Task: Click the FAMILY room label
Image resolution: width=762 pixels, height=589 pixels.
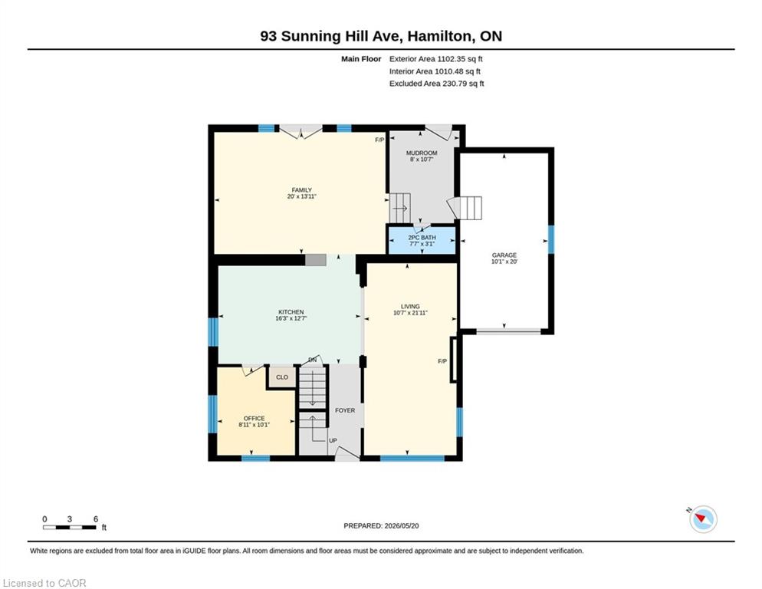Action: point(302,190)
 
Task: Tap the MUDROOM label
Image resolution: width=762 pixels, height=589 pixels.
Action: point(422,153)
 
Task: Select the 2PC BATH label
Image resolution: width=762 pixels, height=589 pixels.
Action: point(422,237)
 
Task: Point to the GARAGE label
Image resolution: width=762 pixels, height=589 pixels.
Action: point(504,255)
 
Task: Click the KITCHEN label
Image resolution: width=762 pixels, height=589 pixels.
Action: point(291,312)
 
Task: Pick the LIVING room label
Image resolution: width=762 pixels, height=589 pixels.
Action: point(410,307)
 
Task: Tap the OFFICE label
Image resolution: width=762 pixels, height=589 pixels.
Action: point(255,418)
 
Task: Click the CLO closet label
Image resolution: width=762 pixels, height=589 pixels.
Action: point(282,377)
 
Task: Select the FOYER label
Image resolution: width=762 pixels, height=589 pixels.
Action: point(345,410)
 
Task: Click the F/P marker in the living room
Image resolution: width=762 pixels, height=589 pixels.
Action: point(442,361)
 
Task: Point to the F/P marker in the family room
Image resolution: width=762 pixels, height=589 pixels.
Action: point(379,140)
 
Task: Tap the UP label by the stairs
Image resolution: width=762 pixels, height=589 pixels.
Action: point(333,441)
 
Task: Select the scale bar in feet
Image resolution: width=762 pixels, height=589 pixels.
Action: point(70,527)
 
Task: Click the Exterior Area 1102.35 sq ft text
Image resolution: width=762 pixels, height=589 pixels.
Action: point(436,59)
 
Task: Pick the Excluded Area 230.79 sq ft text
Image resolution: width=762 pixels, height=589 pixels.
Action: point(436,83)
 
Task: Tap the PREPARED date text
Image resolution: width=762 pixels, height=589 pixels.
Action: point(381,526)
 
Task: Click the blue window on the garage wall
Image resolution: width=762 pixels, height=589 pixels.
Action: point(551,239)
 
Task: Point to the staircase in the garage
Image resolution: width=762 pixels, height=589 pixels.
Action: point(465,208)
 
